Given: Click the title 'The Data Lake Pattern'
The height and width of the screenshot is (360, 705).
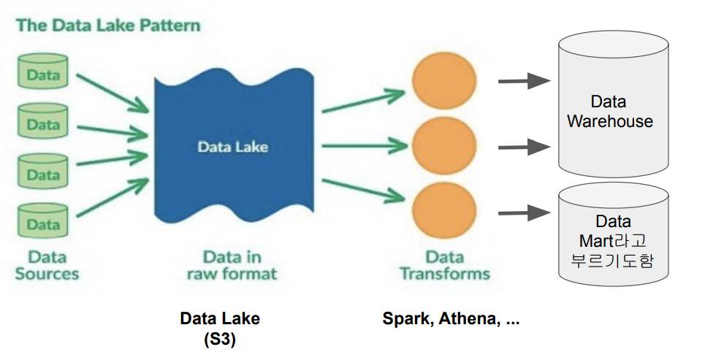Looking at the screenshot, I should click(x=108, y=26).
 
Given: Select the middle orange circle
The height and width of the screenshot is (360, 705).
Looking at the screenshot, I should click(x=444, y=147).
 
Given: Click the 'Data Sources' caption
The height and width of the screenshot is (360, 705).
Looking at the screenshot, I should click(x=46, y=266).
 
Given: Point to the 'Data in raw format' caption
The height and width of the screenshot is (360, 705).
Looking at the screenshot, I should click(x=232, y=266).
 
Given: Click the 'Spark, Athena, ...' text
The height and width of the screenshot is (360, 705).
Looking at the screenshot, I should click(x=451, y=319).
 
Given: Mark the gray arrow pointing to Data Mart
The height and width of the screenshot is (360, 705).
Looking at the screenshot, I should click(x=524, y=214).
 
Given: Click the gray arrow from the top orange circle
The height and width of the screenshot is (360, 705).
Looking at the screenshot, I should click(x=524, y=82).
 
